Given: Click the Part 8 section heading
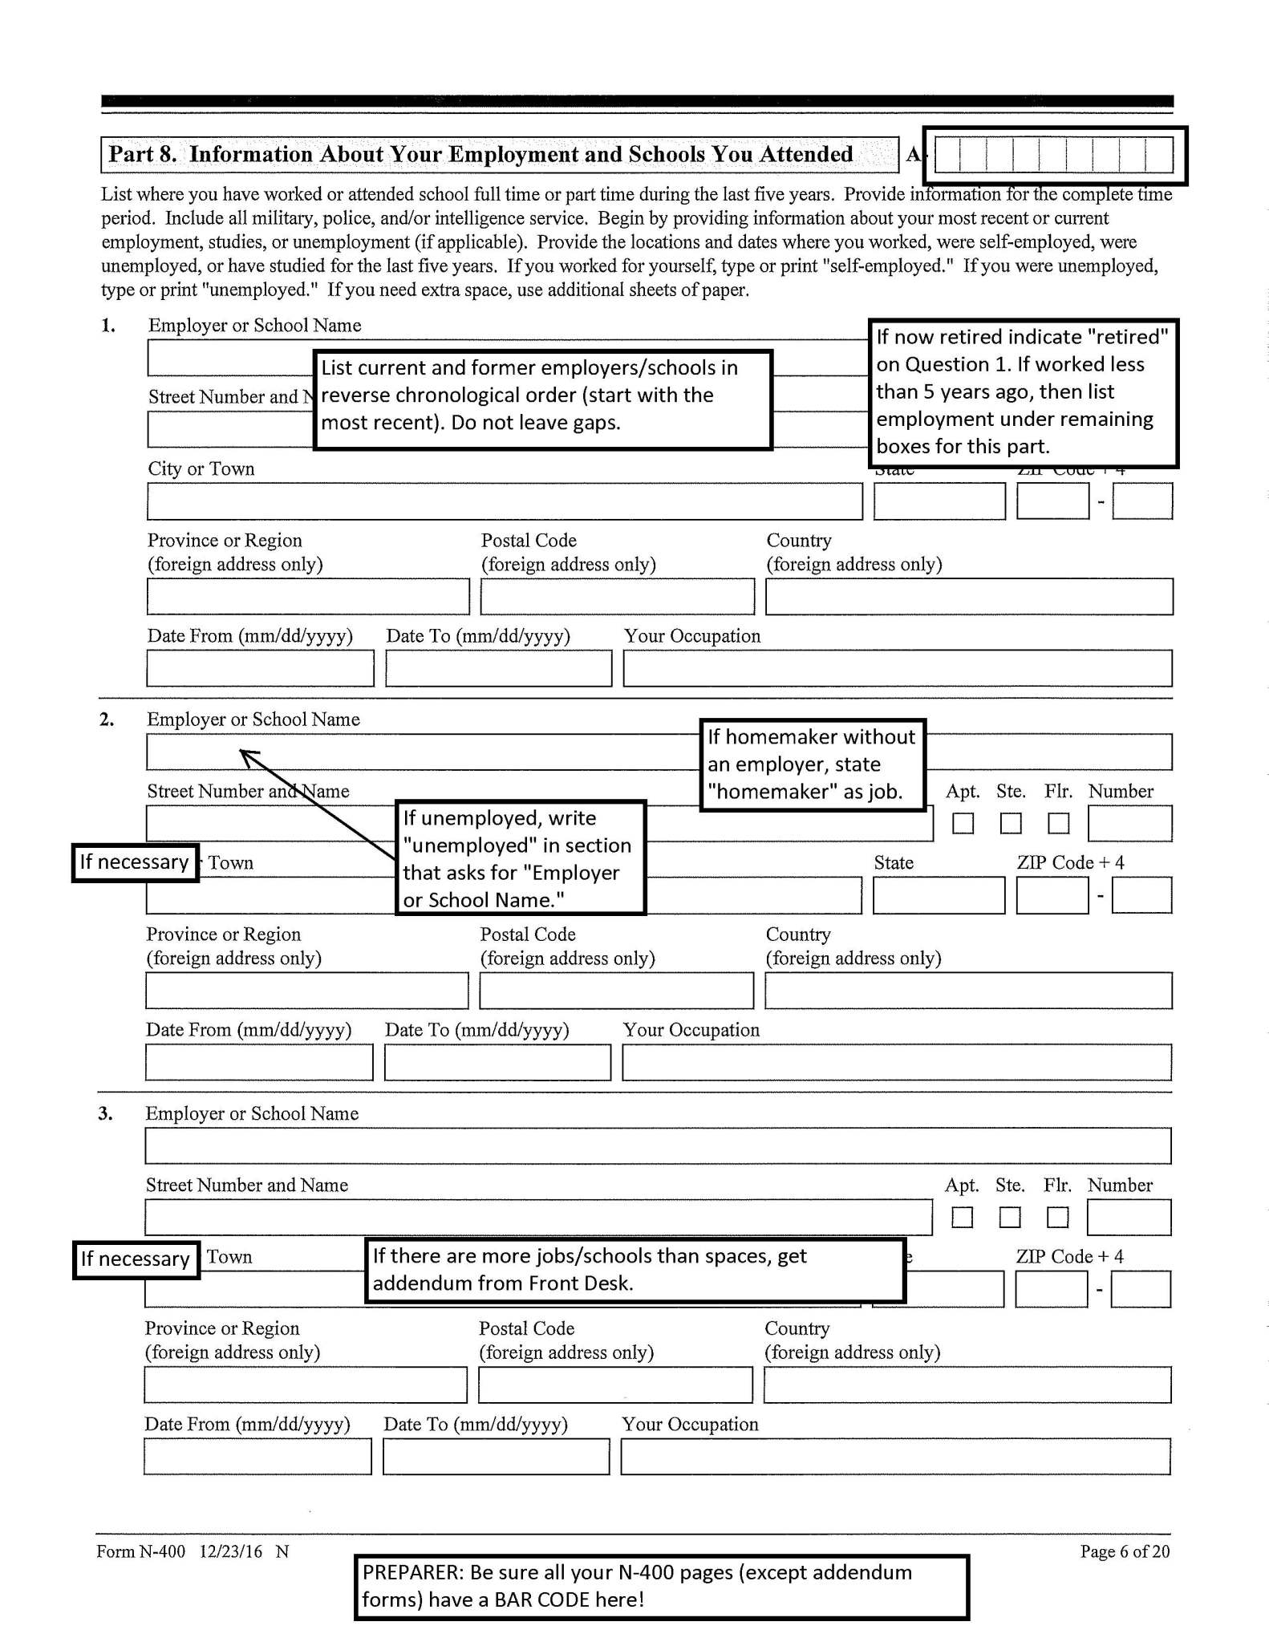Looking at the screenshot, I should pos(481,154).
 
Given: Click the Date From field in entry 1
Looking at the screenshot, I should pos(260,668).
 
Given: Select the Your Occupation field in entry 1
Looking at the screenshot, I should pos(897,668).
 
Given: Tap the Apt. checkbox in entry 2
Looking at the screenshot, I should pos(963,823).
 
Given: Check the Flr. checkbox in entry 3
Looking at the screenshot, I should pos(1057,1217).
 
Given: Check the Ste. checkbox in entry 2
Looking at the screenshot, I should pos(1011,823).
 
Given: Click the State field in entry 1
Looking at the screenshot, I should pos(939,501).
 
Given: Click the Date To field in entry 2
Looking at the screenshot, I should pos(497,1062).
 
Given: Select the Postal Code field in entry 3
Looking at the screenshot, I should pos(615,1385).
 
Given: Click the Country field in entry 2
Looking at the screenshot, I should pos(967,991).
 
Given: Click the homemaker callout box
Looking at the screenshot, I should pos(812,764).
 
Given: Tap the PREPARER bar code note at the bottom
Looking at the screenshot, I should pos(661,1586).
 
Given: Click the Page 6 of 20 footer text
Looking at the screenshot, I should pos(1125,1551).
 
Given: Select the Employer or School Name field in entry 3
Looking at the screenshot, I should pos(657,1145).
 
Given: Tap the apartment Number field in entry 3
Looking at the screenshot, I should pos(1129,1217).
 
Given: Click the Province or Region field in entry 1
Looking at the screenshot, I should pos(307,597).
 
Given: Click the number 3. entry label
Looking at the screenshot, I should pos(105,1113).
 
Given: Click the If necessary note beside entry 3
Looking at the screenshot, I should pos(136,1259).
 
